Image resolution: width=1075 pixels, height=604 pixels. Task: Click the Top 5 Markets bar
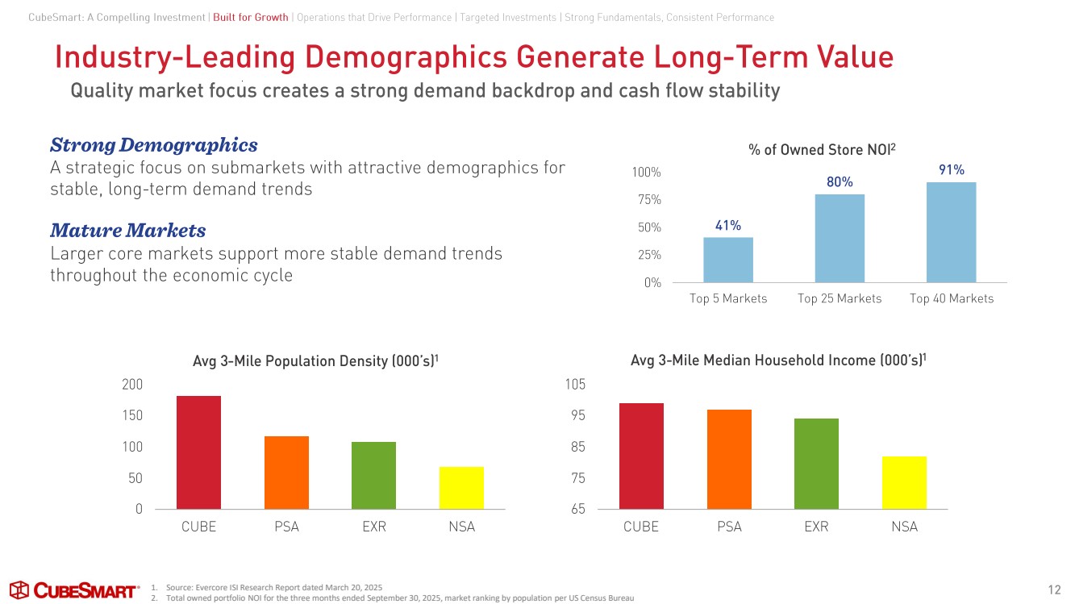click(x=728, y=260)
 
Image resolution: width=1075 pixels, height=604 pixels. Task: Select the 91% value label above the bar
click(x=952, y=169)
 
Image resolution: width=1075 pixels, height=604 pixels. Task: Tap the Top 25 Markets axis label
click(x=840, y=298)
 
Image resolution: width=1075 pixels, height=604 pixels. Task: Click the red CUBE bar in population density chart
click(x=198, y=452)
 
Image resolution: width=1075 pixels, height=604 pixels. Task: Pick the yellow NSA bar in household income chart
click(x=904, y=482)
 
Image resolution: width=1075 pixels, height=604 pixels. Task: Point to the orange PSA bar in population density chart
click(x=286, y=472)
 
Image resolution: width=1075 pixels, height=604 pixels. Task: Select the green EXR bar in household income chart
click(x=816, y=464)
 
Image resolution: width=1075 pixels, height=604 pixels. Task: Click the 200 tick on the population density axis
click(x=132, y=385)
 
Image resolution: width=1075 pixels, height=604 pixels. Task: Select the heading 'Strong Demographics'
click(x=154, y=145)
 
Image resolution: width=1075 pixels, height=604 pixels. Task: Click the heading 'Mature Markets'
click(x=127, y=231)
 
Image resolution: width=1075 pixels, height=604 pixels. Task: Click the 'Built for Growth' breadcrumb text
click(x=251, y=18)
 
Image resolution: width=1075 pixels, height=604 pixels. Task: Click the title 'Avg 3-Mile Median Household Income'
click(x=777, y=360)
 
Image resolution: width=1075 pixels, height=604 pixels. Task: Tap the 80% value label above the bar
click(x=840, y=182)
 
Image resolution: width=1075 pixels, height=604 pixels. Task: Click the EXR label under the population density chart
click(x=374, y=527)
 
